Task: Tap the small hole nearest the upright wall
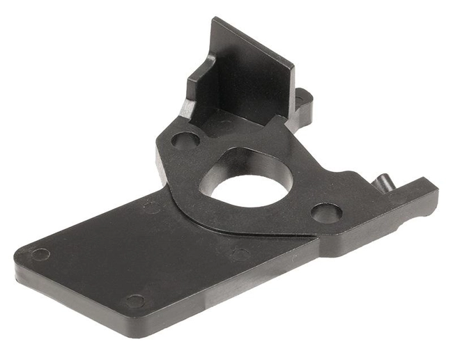[184, 141]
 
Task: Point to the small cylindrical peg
[382, 182]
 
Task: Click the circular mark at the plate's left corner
[40, 254]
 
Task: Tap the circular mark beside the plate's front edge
[135, 302]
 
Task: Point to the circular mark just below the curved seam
[240, 254]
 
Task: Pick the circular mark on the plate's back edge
[151, 207]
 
